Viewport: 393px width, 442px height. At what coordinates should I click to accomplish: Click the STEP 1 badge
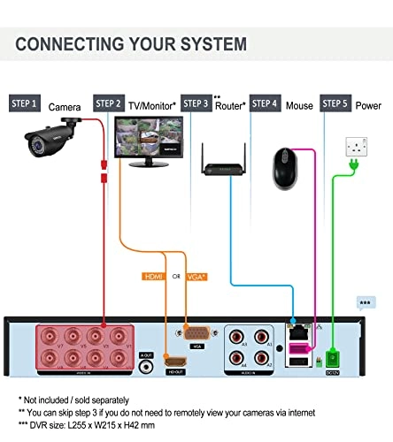pos(24,103)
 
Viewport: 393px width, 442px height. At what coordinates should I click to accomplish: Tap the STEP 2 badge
pos(107,103)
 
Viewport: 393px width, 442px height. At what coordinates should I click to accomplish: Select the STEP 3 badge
pos(197,103)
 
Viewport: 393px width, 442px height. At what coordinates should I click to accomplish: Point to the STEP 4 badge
pos(266,103)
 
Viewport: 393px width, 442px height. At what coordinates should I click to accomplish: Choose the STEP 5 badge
pos(335,103)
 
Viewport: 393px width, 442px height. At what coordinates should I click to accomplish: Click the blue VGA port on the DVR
pos(195,334)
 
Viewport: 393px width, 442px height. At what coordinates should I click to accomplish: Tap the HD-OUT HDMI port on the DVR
pos(176,363)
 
